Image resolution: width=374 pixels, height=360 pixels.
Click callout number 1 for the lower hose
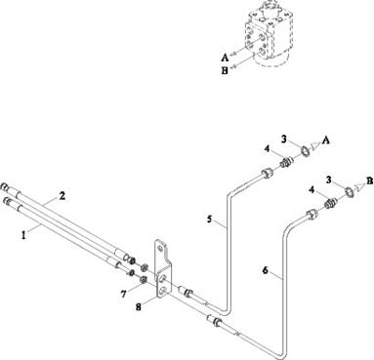pyautogui.click(x=23, y=235)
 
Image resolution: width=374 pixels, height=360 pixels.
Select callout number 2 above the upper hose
pyautogui.click(x=62, y=196)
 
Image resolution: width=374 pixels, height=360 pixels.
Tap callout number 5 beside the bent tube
pyautogui.click(x=209, y=219)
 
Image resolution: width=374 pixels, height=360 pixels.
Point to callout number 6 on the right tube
pyautogui.click(x=266, y=270)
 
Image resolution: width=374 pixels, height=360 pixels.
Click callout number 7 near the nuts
pyautogui.click(x=123, y=294)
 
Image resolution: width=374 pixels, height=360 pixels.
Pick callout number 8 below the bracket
pyautogui.click(x=139, y=306)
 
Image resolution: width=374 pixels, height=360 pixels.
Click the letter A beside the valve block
pyautogui.click(x=225, y=58)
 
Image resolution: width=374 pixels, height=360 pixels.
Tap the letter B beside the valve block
pyautogui.click(x=225, y=71)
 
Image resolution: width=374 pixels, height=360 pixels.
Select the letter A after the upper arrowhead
pyautogui.click(x=326, y=140)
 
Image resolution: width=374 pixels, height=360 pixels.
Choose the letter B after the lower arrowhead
pyautogui.click(x=369, y=180)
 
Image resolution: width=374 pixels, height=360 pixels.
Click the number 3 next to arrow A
pyautogui.click(x=284, y=140)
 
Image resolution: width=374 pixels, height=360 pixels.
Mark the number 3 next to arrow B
pyautogui.click(x=329, y=180)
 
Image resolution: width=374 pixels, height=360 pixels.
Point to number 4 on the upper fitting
pyautogui.click(x=267, y=149)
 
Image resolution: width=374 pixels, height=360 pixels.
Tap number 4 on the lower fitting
pyautogui.click(x=312, y=189)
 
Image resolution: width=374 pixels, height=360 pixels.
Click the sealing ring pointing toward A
pyautogui.click(x=306, y=151)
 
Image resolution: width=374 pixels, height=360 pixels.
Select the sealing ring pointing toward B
pyautogui.click(x=350, y=192)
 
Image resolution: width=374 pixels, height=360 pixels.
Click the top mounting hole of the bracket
pyautogui.click(x=160, y=248)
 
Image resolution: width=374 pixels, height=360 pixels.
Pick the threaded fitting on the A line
pyautogui.click(x=285, y=163)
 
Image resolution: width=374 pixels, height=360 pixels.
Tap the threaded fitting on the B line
pyautogui.click(x=331, y=204)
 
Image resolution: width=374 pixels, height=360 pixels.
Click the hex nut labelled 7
pyautogui.click(x=143, y=279)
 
